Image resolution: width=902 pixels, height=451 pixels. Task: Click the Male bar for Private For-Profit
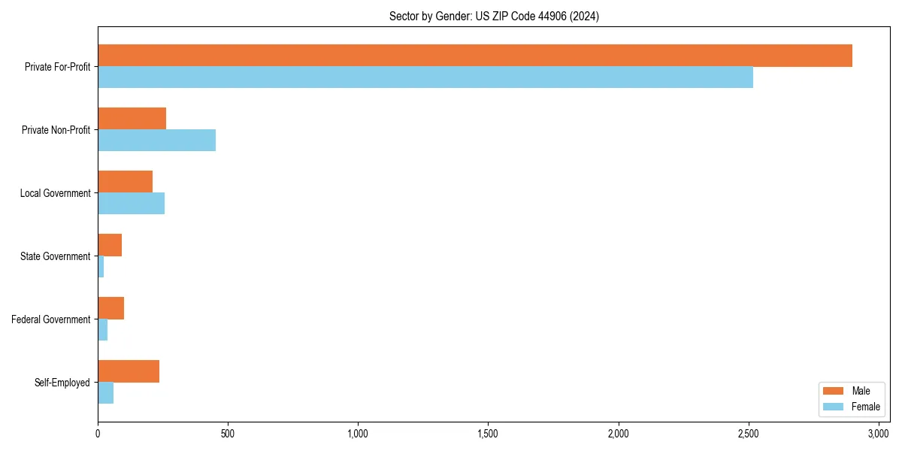tap(475, 56)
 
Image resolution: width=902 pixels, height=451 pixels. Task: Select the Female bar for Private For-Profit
tap(425, 77)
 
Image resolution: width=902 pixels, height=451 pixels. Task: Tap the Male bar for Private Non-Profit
tap(132, 119)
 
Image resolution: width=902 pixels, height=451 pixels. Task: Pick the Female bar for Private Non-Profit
tap(156, 141)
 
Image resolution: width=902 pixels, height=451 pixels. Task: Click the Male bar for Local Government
tap(125, 182)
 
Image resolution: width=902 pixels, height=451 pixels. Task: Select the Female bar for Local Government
tap(131, 204)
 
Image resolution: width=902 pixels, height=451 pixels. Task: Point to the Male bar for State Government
tap(110, 245)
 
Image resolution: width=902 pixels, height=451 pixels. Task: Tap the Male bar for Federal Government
tap(110, 308)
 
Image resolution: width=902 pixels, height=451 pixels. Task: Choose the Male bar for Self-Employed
tap(129, 371)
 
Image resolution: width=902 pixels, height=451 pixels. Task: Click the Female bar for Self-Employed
tap(105, 393)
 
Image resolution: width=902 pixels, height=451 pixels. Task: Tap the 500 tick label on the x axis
tap(228, 434)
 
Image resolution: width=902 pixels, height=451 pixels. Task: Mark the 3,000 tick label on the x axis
tap(879, 434)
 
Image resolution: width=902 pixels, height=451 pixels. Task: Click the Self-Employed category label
tap(62, 383)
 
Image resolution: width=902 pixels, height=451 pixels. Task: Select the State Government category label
tap(55, 256)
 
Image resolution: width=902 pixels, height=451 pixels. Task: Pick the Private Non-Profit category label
tap(56, 130)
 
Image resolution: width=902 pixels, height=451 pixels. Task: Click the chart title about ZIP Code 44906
tap(494, 16)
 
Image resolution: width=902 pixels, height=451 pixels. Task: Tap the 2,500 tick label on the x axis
tap(749, 434)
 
